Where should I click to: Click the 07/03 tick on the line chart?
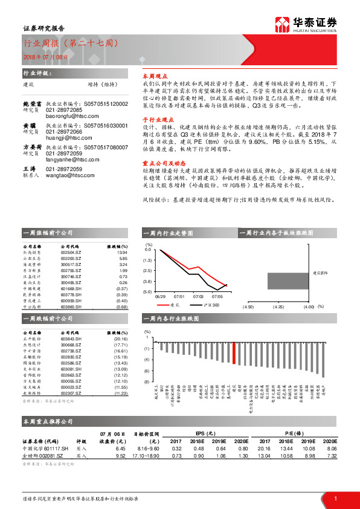point(198,297)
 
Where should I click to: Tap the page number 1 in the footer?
point(335,498)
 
